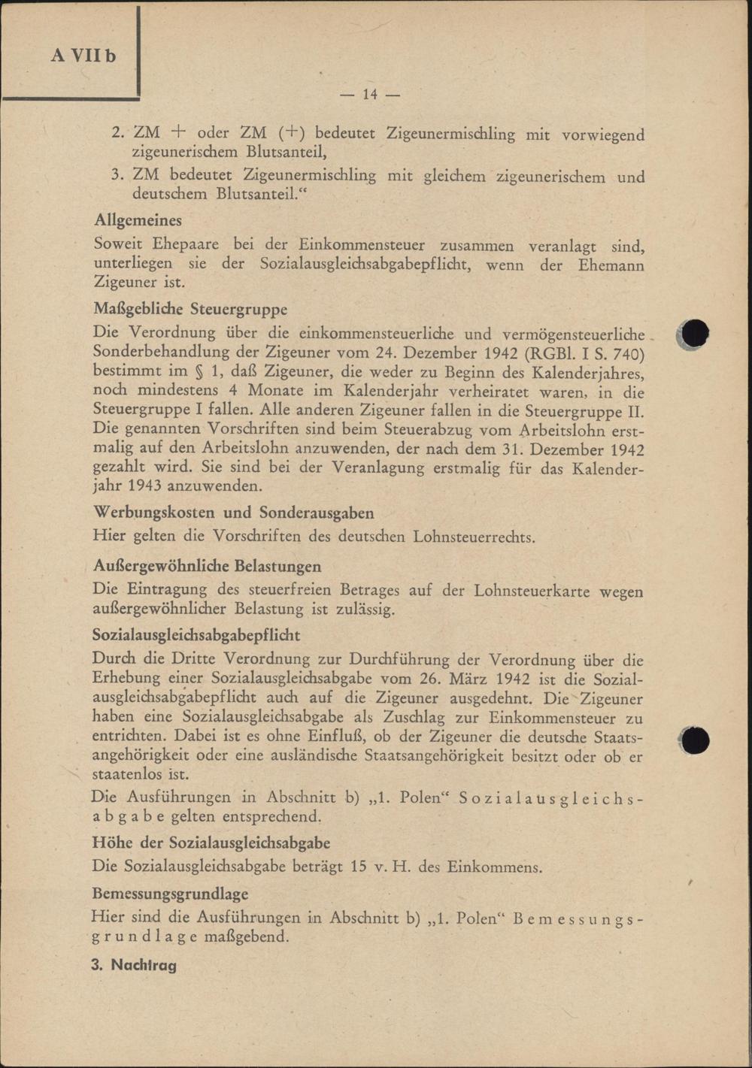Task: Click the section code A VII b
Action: (83, 56)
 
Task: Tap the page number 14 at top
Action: (369, 95)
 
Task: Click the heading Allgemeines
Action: (138, 221)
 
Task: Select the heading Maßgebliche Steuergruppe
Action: (190, 309)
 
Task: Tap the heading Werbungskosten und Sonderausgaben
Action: (233, 513)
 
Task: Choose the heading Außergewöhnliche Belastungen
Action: (207, 567)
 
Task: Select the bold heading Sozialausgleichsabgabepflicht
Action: (196, 635)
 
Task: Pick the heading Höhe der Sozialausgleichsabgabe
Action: (211, 843)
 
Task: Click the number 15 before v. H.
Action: (359, 867)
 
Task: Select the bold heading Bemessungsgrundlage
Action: (170, 894)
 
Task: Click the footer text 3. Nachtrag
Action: (134, 965)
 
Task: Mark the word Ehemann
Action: (611, 265)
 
